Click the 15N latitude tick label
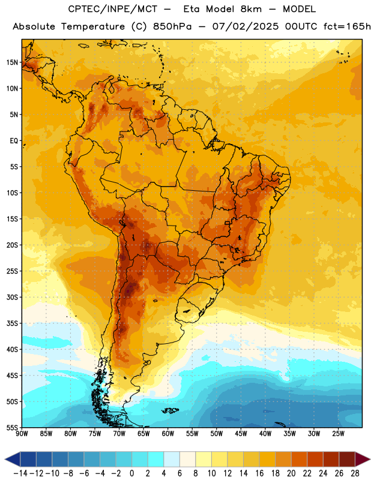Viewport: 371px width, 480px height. (12, 62)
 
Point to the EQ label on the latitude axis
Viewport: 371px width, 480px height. (14, 141)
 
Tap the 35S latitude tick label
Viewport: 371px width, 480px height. (12, 323)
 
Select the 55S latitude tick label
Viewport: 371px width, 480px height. (12, 427)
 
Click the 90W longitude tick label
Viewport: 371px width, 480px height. (22, 433)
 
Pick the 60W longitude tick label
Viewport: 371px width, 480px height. (168, 433)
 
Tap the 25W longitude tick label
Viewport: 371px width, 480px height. (338, 433)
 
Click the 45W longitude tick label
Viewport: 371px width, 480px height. (241, 433)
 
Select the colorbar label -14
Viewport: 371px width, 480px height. (20, 473)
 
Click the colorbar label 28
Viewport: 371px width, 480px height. (355, 473)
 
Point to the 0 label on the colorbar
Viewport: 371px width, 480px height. (131, 473)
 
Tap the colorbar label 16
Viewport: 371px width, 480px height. (259, 473)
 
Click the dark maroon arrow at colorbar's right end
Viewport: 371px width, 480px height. (362, 459)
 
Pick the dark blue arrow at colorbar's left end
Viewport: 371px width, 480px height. (13, 459)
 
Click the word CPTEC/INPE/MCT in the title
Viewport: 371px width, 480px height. (112, 9)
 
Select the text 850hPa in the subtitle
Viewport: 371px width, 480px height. (172, 26)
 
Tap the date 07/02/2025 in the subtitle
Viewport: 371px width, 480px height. (246, 26)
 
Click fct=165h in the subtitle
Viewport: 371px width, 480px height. (347, 26)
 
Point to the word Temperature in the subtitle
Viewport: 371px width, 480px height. (93, 26)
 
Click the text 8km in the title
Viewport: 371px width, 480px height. (251, 9)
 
